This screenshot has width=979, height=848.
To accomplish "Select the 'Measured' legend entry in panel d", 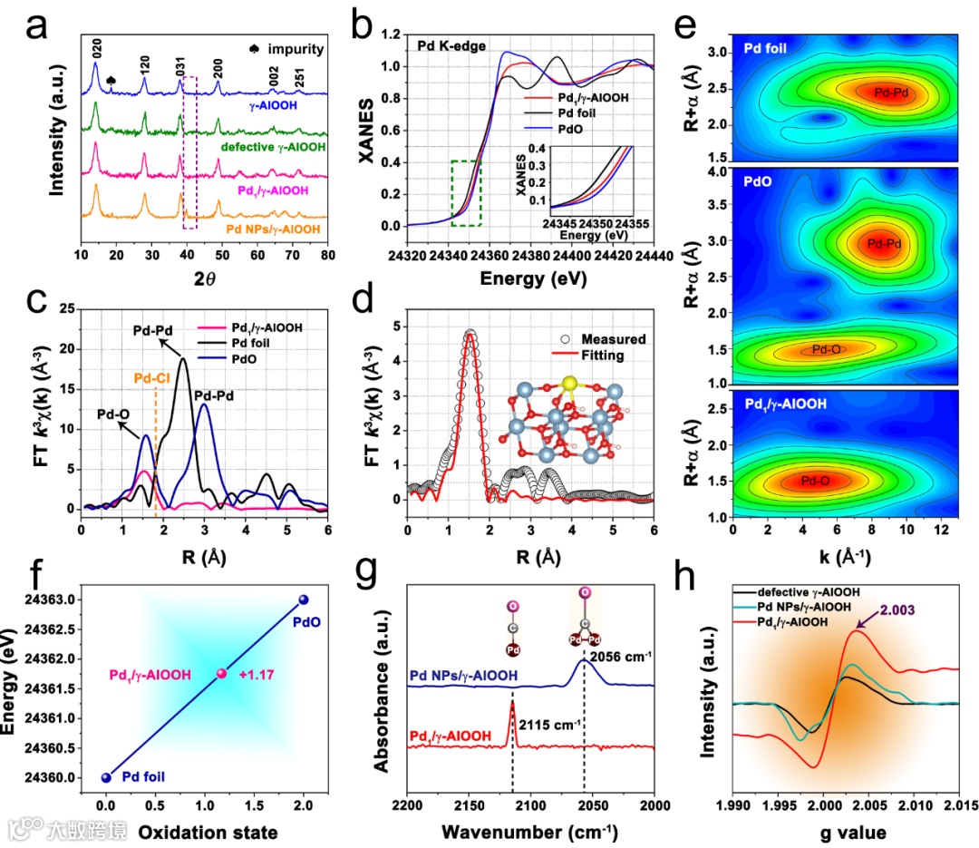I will (x=615, y=339).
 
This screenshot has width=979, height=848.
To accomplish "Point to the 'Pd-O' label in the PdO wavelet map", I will (x=826, y=348).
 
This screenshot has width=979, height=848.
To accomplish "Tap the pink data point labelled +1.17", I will (x=221, y=674).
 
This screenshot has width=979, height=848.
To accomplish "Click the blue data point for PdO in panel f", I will (x=304, y=599).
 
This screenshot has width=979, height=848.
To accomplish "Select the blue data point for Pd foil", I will (x=106, y=777).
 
